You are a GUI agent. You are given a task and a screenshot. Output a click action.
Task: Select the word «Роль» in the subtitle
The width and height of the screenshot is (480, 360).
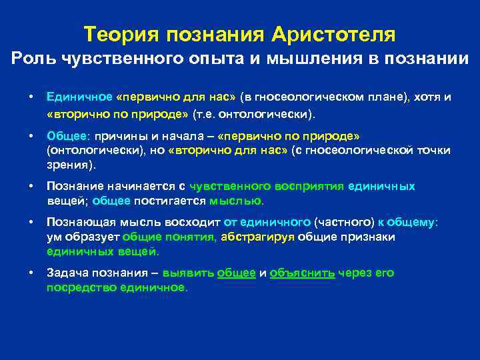[33, 59]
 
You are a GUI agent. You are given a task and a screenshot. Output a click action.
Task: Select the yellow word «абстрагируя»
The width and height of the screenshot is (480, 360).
[257, 237]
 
